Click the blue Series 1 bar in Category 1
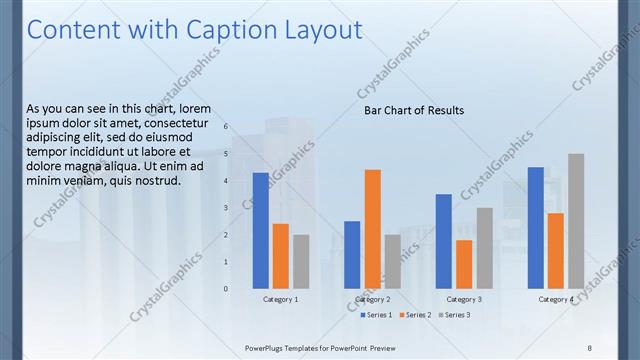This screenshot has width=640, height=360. click(x=261, y=230)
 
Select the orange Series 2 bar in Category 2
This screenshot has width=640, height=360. click(x=372, y=228)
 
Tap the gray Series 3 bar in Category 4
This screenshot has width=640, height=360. click(x=576, y=220)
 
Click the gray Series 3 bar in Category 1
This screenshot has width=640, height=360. click(x=301, y=261)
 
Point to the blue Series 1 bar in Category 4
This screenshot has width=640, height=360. click(x=536, y=227)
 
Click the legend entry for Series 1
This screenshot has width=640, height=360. click(x=376, y=315)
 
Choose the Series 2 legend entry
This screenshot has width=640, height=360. click(x=415, y=315)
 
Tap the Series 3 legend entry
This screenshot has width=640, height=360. click(x=454, y=315)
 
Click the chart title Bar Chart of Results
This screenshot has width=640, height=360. click(x=414, y=110)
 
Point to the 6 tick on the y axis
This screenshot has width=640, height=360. click(x=226, y=127)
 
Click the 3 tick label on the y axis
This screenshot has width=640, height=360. click(x=226, y=208)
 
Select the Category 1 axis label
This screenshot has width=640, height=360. click(x=280, y=299)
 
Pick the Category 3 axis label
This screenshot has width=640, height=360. click(x=464, y=299)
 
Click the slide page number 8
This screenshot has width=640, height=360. click(x=589, y=347)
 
